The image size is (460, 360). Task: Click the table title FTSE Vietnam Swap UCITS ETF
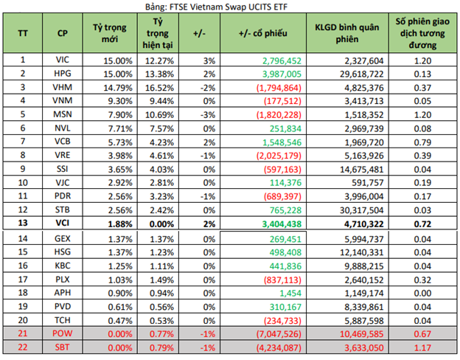click(x=230, y=6)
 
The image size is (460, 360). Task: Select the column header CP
click(x=63, y=35)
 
